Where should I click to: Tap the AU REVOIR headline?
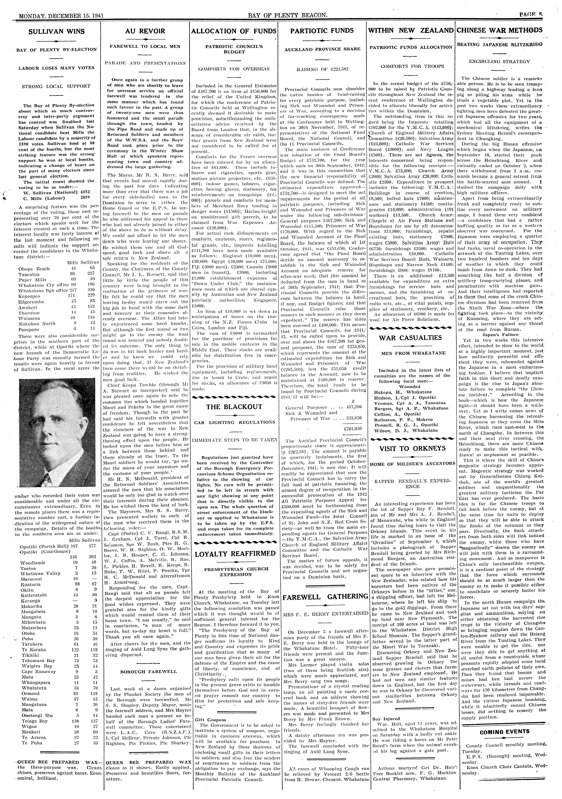coord(145,31)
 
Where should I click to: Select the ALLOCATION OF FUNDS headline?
coord(235,31)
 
